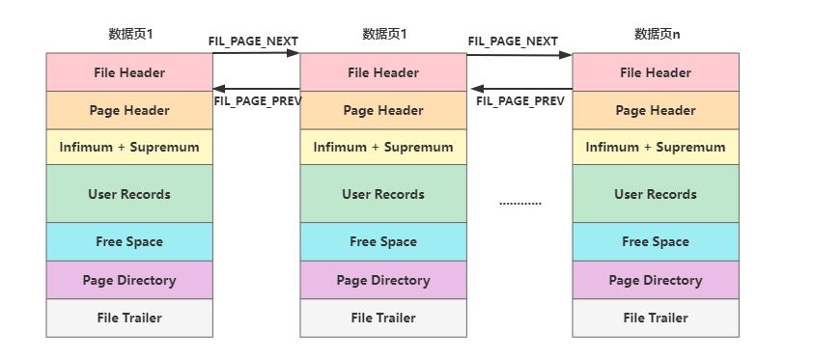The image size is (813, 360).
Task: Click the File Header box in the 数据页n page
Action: (656, 72)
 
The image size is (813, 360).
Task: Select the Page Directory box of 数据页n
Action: (656, 280)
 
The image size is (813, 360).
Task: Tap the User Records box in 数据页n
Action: (656, 194)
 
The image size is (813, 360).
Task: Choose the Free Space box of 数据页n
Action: (656, 241)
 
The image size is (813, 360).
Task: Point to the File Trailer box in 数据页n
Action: (656, 318)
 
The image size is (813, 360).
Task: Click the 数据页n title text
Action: (657, 34)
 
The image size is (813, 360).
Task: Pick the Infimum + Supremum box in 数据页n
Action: (656, 147)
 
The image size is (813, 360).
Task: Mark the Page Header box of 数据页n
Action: (656, 110)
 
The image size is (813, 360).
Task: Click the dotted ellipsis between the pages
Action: (520, 203)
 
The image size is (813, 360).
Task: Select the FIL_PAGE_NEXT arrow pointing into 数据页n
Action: (519, 55)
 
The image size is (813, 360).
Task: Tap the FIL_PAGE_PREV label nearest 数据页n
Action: (520, 100)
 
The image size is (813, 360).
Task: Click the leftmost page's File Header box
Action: (129, 72)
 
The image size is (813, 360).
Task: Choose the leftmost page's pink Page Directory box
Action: (129, 280)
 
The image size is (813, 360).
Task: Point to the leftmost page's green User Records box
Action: (129, 194)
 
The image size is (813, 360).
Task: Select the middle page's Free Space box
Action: (383, 241)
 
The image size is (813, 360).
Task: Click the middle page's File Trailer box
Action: (383, 318)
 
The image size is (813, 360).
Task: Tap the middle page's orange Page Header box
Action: (383, 110)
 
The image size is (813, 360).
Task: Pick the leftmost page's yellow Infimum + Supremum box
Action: (129, 147)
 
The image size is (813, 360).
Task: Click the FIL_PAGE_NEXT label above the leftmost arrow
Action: (253, 42)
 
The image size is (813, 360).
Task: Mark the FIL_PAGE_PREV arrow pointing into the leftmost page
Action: (256, 89)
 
